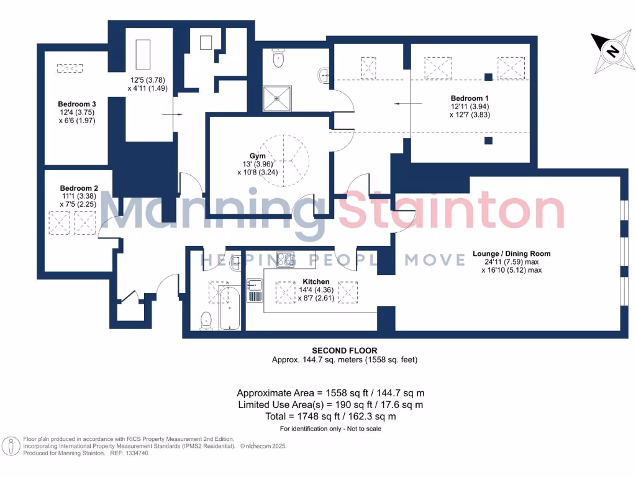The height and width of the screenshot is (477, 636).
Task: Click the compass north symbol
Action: coord(611,52)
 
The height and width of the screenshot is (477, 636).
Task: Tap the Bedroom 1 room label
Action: coord(470,99)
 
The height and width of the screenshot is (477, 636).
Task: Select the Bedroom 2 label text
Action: coord(79,188)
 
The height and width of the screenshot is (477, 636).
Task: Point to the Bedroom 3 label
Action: coord(77,104)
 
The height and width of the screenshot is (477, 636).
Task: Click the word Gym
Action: coord(258,156)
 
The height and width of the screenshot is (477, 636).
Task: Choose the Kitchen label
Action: coord(316,281)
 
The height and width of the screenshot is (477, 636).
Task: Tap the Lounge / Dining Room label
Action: coord(511,253)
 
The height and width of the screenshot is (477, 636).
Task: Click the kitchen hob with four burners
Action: coord(285,259)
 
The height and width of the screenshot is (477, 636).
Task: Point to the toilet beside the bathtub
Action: coord(206,319)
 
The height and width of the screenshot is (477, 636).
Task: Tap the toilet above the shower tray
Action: coord(278,58)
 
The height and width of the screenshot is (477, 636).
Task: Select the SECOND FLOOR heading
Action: coord(344,351)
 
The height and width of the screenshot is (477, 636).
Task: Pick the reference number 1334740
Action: coord(136,453)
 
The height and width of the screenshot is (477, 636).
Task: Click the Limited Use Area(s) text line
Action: coord(330,404)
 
